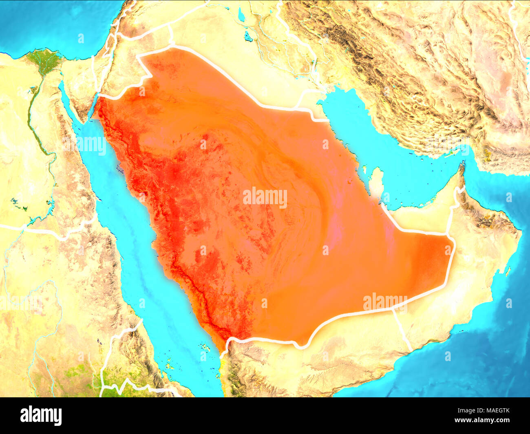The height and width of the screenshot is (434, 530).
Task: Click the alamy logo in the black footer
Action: pyautogui.click(x=41, y=415)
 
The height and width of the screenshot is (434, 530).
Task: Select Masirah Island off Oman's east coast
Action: pyautogui.click(x=508, y=271)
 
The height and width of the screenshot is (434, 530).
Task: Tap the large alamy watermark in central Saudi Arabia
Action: pyautogui.click(x=265, y=197)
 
